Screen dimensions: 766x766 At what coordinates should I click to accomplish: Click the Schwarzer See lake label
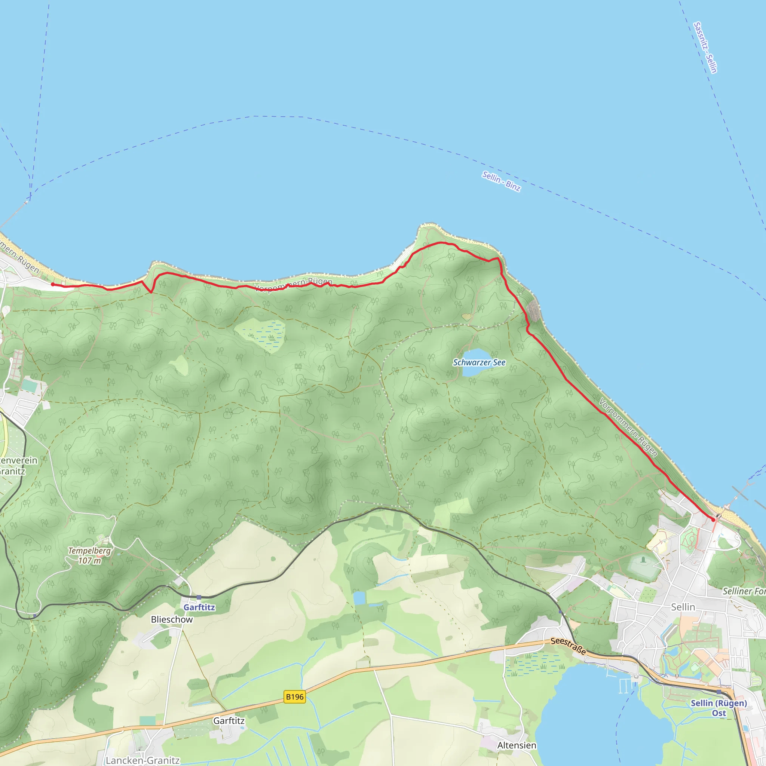tap(479, 362)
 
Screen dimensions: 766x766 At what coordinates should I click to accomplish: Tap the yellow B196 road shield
tap(295, 696)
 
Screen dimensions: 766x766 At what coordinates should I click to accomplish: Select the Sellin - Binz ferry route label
tap(501, 181)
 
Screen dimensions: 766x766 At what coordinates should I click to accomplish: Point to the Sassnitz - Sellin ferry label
tap(705, 48)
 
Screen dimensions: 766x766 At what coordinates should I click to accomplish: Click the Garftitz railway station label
tap(199, 607)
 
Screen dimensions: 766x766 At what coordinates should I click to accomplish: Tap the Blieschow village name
tap(172, 619)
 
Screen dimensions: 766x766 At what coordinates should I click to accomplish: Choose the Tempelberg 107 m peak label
tap(90, 555)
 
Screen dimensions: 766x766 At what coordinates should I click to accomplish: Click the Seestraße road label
tap(568, 646)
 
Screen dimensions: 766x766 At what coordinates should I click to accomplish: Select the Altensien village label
tap(517, 745)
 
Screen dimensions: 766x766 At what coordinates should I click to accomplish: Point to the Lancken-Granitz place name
tap(143, 760)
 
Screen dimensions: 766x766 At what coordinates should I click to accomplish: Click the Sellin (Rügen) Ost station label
tap(719, 708)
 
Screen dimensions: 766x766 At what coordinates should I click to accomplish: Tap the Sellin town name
tap(683, 607)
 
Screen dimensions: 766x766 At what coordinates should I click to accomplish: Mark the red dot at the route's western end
tap(53, 284)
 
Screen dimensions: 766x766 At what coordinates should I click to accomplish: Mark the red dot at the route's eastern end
tap(713, 520)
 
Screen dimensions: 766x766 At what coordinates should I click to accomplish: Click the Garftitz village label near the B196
tap(229, 721)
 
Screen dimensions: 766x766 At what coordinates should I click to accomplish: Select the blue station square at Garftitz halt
tap(199, 597)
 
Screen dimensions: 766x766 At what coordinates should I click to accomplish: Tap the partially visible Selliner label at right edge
tap(744, 591)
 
